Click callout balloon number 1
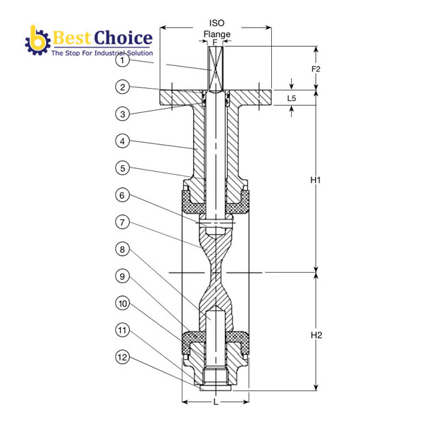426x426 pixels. [x=123, y=61]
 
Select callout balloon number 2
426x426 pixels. [x=123, y=87]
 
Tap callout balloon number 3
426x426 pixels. [x=123, y=114]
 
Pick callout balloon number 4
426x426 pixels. [x=123, y=141]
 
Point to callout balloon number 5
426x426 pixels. [x=123, y=168]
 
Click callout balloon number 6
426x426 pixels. [x=123, y=195]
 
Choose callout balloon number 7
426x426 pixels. [x=123, y=222]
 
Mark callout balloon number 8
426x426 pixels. [x=123, y=249]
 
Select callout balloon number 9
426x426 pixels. [x=123, y=276]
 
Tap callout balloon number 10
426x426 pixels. [x=123, y=303]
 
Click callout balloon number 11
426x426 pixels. [x=123, y=330]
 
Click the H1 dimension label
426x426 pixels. [x=317, y=180]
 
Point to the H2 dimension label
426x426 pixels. [x=317, y=334]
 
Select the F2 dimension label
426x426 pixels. [x=317, y=70]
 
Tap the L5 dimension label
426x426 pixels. [x=293, y=98]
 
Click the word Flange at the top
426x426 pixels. [x=217, y=34]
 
